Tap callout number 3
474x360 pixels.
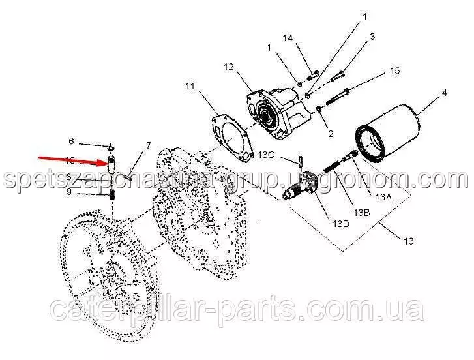click(372, 37)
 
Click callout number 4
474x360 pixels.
click(444, 93)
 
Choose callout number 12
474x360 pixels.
click(227, 67)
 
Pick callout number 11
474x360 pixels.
click(189, 86)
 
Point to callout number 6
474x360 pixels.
click(72, 141)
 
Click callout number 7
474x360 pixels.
click(148, 145)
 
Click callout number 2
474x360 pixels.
click(331, 134)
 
